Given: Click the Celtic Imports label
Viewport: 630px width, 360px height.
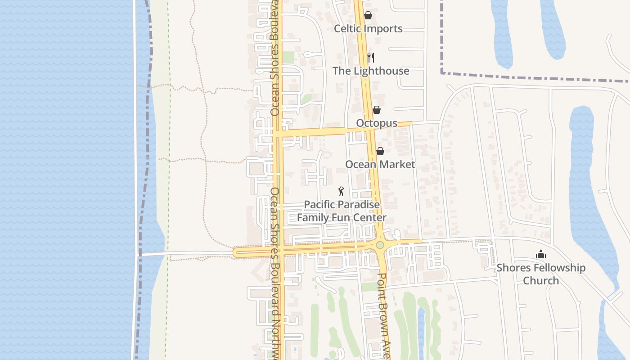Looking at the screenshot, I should click(368, 28).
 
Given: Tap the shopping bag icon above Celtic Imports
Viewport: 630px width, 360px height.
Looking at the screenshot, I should click(368, 15).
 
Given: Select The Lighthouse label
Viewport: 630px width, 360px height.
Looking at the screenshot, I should click(371, 71).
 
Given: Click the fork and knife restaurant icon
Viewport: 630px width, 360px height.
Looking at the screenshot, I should click(370, 57).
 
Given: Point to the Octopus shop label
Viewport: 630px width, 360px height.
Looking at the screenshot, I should click(377, 123).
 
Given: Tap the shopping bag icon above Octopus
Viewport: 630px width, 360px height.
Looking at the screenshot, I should click(377, 110).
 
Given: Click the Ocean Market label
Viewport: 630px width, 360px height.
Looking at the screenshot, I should click(380, 164).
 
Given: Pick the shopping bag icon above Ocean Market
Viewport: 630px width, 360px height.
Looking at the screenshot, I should click(380, 151).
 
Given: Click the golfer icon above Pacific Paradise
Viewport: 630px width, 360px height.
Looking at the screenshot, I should click(341, 191).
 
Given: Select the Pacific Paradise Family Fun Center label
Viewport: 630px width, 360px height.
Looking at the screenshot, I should click(342, 211).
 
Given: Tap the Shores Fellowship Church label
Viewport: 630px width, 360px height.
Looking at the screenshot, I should click(541, 274).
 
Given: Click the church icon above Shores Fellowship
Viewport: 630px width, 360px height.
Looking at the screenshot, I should click(541, 255).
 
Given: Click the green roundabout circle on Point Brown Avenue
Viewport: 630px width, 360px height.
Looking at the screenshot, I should click(380, 245).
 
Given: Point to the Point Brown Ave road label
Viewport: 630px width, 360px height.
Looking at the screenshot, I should click(383, 315).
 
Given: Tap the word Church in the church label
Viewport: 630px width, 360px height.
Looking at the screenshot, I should click(541, 280).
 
